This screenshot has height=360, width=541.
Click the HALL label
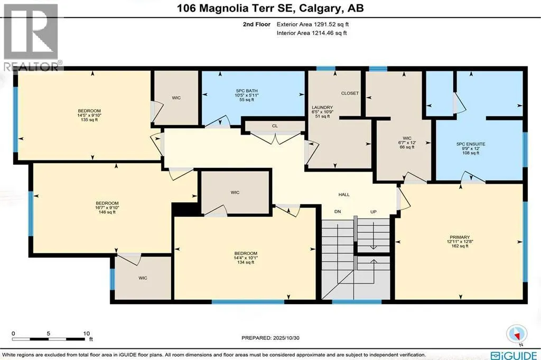tap(344, 194)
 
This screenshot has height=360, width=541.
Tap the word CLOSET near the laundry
tap(350, 93)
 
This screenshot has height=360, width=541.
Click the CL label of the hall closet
tap(275, 126)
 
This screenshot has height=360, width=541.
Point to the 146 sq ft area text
tap(107, 212)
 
